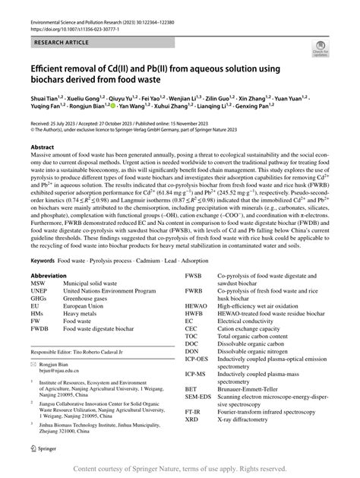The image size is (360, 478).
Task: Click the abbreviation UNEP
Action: [x=42, y=291]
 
